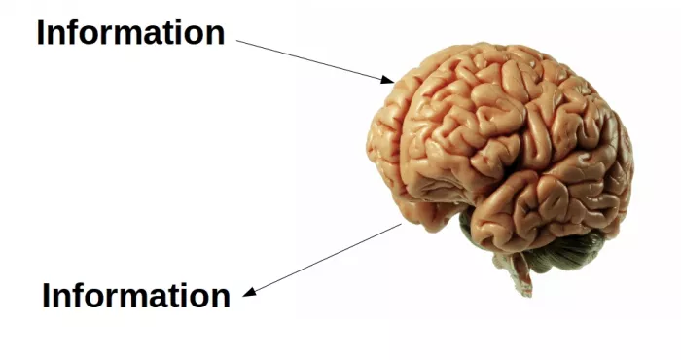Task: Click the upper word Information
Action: (130, 33)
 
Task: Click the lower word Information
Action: (136, 296)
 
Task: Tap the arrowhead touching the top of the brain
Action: (389, 80)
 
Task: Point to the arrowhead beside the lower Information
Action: (249, 292)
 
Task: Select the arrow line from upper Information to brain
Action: (311, 60)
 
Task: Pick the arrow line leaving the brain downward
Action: (326, 258)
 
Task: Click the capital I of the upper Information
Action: (42, 33)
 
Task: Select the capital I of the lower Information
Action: (48, 296)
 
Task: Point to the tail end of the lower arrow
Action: (400, 225)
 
